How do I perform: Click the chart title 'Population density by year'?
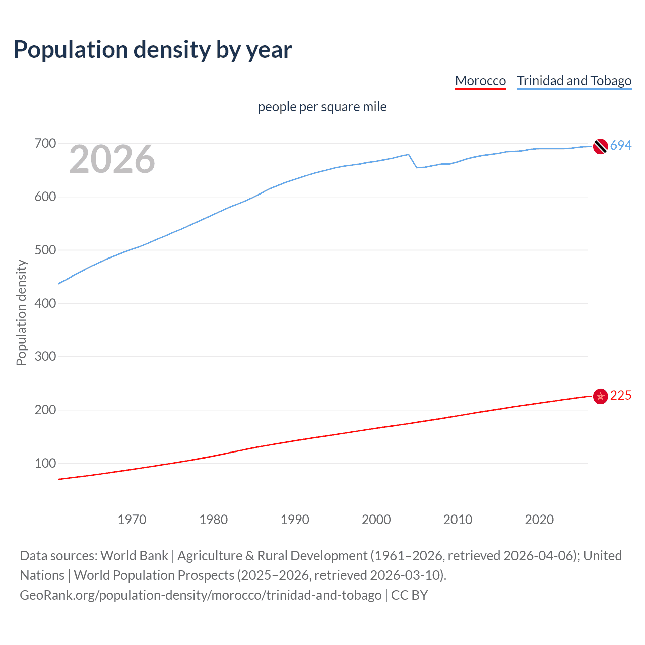click(153, 50)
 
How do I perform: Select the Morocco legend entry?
click(480, 81)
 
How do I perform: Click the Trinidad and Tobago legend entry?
click(574, 81)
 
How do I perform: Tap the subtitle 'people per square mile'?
click(322, 107)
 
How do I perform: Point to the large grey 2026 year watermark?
click(112, 159)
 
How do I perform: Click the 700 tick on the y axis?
click(45, 144)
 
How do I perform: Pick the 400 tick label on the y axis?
click(45, 303)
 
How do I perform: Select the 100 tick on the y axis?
click(45, 463)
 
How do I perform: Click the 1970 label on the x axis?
click(132, 520)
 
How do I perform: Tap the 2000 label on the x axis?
click(376, 520)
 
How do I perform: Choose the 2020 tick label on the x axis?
click(539, 520)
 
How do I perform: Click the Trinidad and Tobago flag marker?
click(600, 146)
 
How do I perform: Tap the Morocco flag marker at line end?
click(600, 397)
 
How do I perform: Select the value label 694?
click(621, 146)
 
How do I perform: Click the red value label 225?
click(621, 396)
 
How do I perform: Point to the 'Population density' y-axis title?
click(21, 312)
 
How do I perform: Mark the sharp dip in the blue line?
click(417, 167)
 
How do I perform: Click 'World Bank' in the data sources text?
click(134, 556)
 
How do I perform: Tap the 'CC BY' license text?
click(409, 595)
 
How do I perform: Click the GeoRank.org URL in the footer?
click(201, 595)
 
